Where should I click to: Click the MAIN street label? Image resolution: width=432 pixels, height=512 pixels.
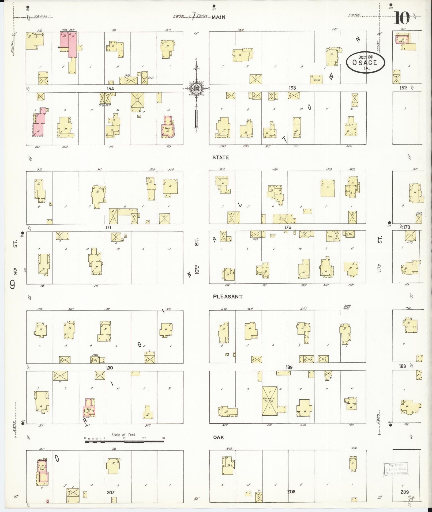pos(219,17)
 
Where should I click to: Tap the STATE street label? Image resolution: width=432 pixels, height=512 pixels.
pos(221,157)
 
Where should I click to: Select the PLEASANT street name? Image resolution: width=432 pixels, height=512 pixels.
pos(228,297)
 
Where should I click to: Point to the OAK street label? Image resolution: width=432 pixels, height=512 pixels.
pos(218,437)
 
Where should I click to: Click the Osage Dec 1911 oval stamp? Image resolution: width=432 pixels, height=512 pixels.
pos(365,62)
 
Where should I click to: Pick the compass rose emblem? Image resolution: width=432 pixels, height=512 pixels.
pos(196,88)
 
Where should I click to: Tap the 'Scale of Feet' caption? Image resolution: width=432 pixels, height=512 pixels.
pos(124,435)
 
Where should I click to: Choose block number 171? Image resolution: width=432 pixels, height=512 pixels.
pos(108,227)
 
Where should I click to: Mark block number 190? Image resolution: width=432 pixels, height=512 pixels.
pos(109,368)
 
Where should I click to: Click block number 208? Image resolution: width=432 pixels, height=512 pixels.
pos(291,492)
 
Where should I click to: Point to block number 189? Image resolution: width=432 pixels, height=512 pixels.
pos(289,367)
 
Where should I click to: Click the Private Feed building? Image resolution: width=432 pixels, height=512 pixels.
pos(270,404)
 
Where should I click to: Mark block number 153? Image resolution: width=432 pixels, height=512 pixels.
pos(292,88)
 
